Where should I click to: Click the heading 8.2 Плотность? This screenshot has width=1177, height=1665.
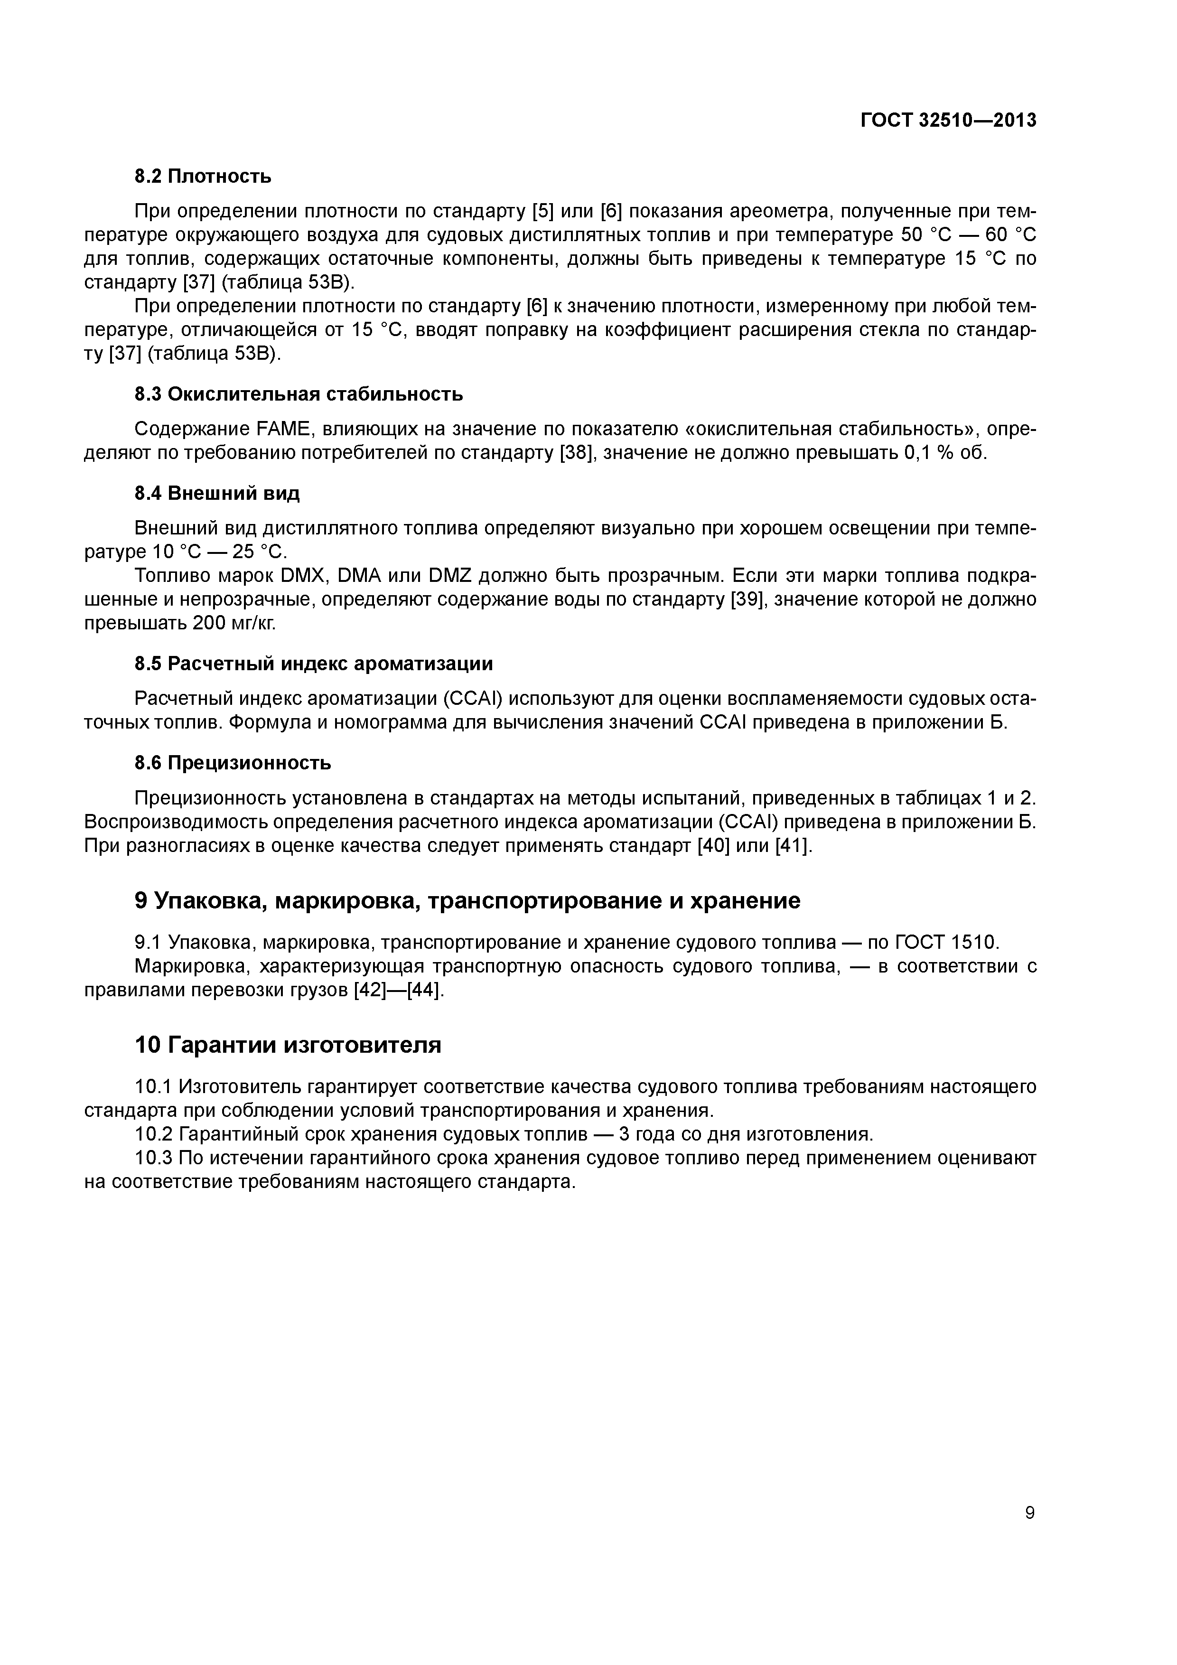click(x=203, y=176)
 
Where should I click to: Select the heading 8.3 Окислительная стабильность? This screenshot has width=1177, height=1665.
click(x=299, y=394)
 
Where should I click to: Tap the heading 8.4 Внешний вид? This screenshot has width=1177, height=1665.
click(x=217, y=494)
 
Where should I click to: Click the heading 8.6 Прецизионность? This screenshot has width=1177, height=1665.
click(x=233, y=763)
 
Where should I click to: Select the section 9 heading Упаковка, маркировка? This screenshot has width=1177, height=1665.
click(x=468, y=901)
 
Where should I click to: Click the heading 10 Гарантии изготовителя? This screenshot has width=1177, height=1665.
click(x=288, y=1045)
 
